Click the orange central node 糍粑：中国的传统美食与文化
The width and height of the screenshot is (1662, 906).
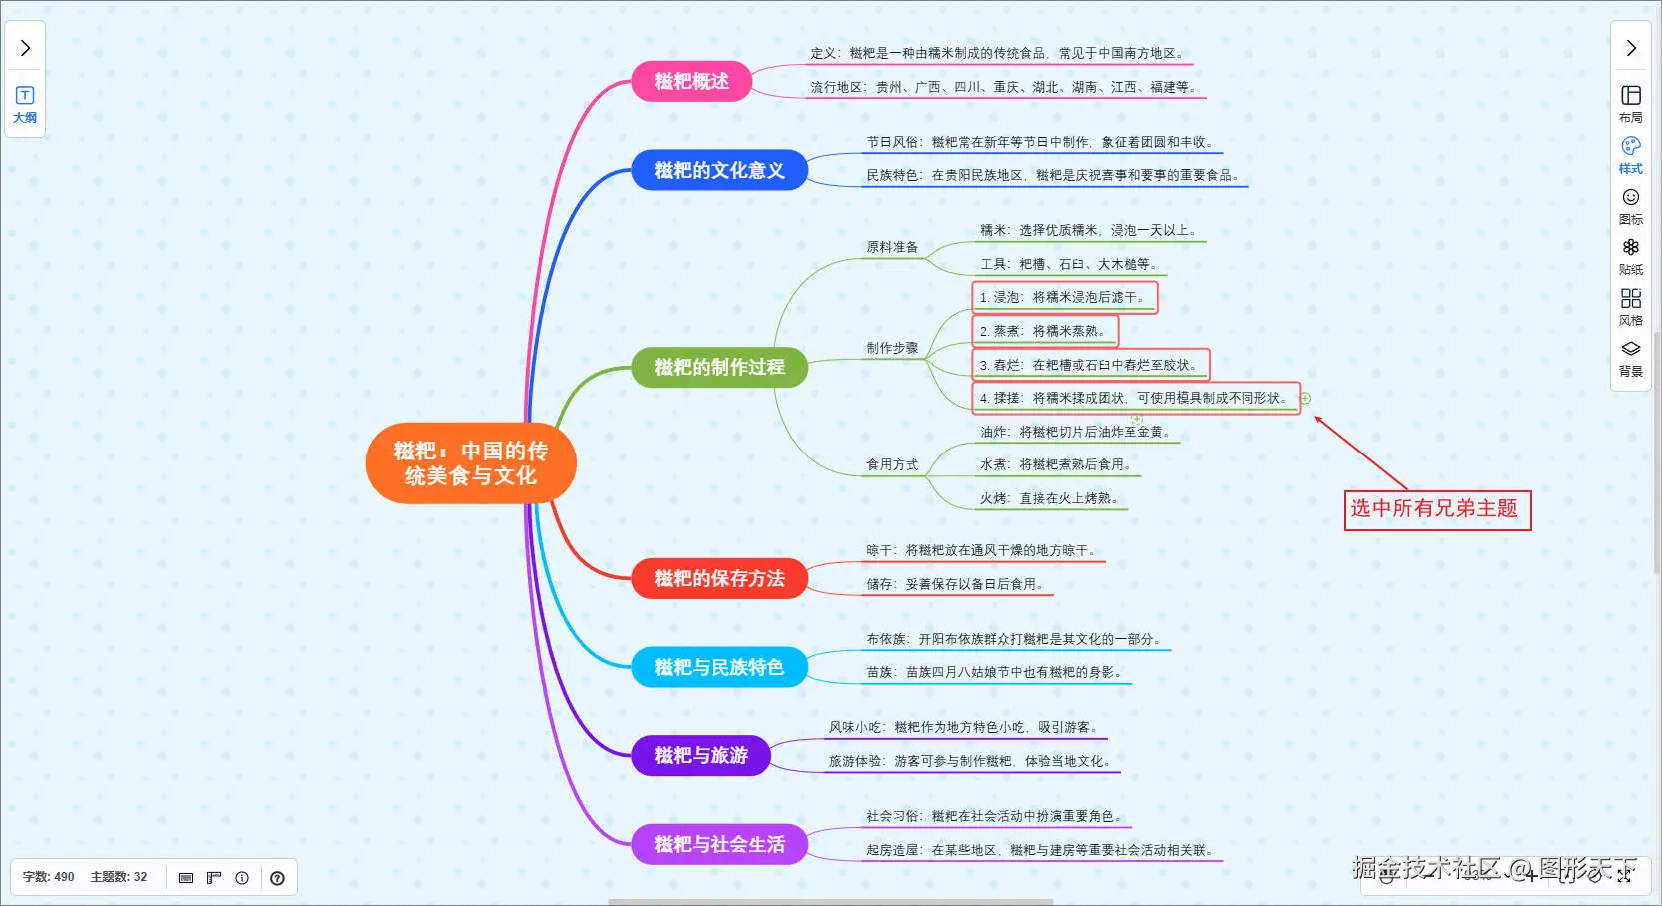click(470, 463)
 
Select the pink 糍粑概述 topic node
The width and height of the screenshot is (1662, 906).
click(691, 82)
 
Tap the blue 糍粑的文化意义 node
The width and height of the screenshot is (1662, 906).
click(719, 171)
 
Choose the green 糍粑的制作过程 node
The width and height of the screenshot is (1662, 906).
click(719, 368)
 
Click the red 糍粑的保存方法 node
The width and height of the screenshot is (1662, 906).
click(719, 579)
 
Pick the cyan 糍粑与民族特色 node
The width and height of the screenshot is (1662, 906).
click(719, 667)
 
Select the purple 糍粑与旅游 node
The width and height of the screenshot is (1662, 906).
click(701, 756)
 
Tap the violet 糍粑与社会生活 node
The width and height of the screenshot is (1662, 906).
click(719, 845)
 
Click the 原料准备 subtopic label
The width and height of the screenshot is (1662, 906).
click(892, 247)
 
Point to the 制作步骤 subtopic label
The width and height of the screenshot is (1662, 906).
click(892, 348)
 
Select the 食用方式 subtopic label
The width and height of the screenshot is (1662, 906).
click(892, 464)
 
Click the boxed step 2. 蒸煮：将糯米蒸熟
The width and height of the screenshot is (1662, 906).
click(1044, 331)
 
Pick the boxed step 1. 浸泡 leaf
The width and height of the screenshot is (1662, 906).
click(1064, 297)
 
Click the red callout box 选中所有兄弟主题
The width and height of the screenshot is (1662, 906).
click(1436, 509)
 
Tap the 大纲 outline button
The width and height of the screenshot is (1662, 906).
click(25, 104)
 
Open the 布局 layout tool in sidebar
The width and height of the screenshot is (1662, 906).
click(1631, 103)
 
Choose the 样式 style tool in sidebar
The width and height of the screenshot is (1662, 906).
click(1631, 154)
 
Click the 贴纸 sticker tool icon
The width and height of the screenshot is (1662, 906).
click(1631, 255)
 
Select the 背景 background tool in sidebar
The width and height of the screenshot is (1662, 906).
click(1631, 357)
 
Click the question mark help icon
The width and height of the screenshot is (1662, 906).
click(277, 878)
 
